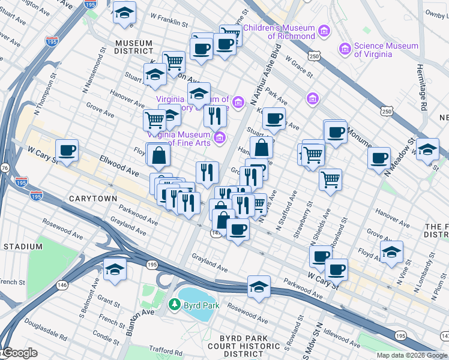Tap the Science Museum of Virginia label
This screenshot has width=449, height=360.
[386, 50]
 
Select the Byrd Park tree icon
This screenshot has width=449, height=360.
[174, 305]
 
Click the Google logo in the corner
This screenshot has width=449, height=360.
[20, 353]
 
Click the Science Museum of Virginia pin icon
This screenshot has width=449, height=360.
[345, 48]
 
